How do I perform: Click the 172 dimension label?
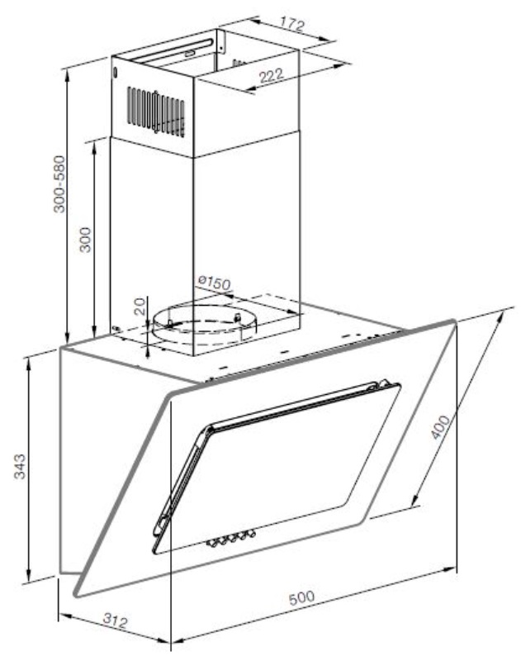(292, 24)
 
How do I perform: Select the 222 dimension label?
(271, 76)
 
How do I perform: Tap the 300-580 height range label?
(59, 184)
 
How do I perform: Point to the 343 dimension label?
(20, 466)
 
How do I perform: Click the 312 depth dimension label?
(115, 621)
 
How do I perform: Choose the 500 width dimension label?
(301, 597)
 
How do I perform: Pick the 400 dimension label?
(440, 427)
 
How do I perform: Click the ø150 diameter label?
(215, 283)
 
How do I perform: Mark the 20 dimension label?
(140, 306)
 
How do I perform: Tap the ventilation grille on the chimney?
(156, 112)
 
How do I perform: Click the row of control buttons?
(231, 539)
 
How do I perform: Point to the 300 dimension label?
(86, 240)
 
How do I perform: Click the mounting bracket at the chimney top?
(220, 41)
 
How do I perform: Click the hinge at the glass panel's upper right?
(383, 383)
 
